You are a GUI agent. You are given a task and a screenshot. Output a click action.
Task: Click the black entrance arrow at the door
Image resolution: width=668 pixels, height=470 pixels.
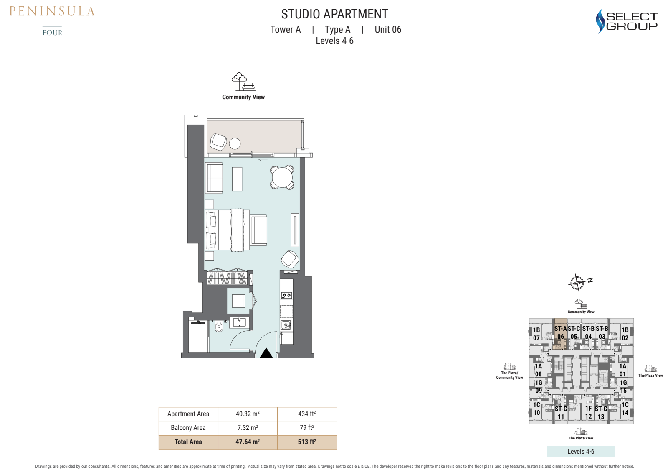[x=266, y=353]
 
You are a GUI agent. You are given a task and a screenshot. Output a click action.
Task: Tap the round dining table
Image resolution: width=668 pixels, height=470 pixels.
[x=282, y=177]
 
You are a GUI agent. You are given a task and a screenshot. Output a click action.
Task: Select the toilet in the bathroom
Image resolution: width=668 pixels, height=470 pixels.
[x=219, y=327]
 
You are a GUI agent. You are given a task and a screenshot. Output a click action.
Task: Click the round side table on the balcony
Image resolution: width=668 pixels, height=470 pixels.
[x=235, y=143]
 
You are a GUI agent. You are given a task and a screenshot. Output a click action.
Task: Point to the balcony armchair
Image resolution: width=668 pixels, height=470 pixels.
[x=218, y=142]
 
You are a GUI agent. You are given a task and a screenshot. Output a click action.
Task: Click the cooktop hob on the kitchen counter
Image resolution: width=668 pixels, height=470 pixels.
[x=286, y=296]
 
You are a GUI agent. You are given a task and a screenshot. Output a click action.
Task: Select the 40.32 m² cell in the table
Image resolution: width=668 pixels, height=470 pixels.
[x=248, y=414]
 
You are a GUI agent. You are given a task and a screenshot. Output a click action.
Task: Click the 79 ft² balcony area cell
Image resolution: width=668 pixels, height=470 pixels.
[x=307, y=428]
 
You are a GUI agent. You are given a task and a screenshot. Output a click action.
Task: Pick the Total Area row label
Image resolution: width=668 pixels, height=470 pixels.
[x=188, y=442]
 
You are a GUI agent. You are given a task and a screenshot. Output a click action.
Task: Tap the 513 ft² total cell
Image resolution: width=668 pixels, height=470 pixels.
[x=307, y=442]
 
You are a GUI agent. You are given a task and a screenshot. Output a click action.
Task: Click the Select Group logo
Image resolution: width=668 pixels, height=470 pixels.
[x=626, y=21]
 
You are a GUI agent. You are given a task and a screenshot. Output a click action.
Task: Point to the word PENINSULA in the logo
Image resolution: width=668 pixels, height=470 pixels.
[x=52, y=11]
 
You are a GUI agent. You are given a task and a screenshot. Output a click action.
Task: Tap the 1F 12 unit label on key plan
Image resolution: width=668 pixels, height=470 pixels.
[x=588, y=412]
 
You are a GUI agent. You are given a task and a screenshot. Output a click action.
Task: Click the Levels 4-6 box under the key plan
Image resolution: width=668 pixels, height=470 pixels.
[x=581, y=451]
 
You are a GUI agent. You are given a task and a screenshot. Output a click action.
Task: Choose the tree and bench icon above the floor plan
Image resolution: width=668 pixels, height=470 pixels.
[x=243, y=82]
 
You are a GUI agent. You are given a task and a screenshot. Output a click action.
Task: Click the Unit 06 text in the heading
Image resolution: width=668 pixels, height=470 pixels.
[x=388, y=30]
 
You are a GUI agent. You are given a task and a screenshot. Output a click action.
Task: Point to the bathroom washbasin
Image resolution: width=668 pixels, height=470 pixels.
[x=239, y=322]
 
